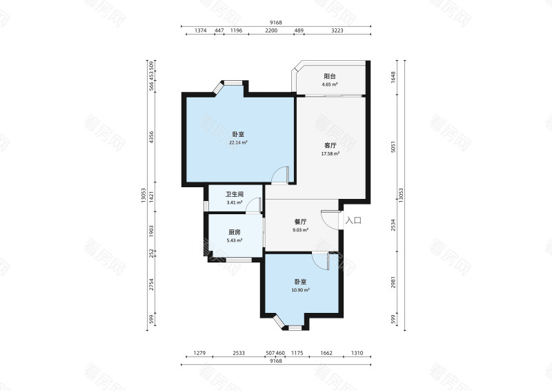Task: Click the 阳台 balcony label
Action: [330, 76]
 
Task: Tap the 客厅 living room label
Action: [331, 145]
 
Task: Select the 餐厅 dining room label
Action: [300, 222]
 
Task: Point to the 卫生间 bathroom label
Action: [235, 194]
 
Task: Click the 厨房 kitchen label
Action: [235, 232]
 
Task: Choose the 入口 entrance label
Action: [353, 220]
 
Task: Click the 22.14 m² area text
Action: [238, 143]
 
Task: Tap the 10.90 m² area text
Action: [300, 290]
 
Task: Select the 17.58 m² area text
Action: [331, 154]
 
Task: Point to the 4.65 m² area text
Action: [330, 84]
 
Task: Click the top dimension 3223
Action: [337, 30]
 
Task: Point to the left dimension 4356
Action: [151, 137]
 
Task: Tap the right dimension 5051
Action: [393, 146]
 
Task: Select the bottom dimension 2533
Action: [239, 353]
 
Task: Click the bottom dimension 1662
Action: [326, 353]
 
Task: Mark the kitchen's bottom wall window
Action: [239, 260]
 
